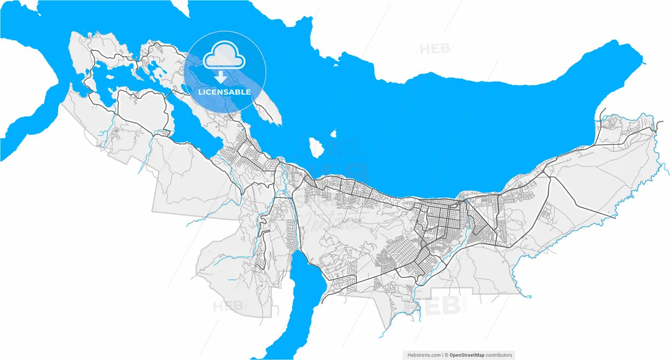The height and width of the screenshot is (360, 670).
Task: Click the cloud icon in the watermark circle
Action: tap(224, 57)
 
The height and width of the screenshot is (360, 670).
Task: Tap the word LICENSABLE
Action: tap(224, 92)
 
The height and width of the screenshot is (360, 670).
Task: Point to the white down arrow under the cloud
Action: tap(221, 77)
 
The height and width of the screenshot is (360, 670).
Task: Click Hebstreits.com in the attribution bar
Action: tap(424, 355)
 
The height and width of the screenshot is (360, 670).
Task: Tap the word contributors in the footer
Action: tap(499, 355)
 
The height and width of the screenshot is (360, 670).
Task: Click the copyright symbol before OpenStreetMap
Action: tap(446, 355)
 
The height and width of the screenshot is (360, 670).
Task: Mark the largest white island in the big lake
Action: tap(315, 147)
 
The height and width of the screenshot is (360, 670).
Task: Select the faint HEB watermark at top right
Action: tap(434, 49)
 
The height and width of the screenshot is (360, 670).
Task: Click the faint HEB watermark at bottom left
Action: tap(228, 306)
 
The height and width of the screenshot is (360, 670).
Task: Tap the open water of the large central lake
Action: tap(445, 131)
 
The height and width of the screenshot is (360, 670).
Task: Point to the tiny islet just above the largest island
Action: tap(333, 133)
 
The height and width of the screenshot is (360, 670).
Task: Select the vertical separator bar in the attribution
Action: tap(442, 355)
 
